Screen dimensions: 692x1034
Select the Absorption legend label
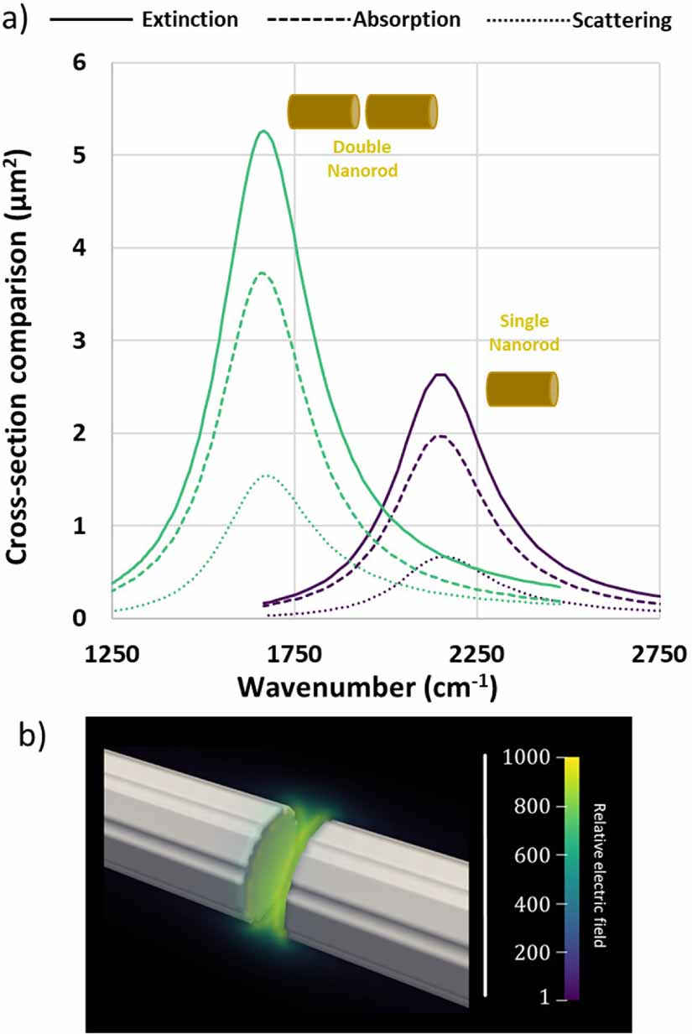[x=407, y=20]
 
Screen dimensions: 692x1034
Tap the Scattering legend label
[x=622, y=21]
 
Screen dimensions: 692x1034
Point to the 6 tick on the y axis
[x=80, y=62]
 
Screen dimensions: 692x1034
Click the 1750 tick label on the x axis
[x=294, y=654]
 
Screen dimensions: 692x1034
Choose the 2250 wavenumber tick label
[x=476, y=654]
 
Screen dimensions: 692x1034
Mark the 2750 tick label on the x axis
[x=659, y=654]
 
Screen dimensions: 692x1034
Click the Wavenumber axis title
[x=367, y=688]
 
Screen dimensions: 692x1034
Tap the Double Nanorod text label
[x=362, y=158]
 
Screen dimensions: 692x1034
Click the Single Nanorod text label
[x=524, y=332]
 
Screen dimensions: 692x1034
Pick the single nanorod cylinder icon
[x=523, y=389]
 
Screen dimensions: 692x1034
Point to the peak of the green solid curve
[x=263, y=131]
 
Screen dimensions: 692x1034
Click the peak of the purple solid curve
[x=441, y=374]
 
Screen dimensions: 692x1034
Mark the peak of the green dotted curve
[x=265, y=475]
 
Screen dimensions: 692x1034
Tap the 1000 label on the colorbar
[x=526, y=756]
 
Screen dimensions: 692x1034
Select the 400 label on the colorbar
[x=533, y=904]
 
